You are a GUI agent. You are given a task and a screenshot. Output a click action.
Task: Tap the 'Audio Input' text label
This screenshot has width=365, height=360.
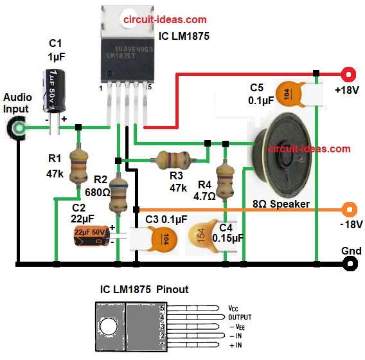[16, 103]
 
